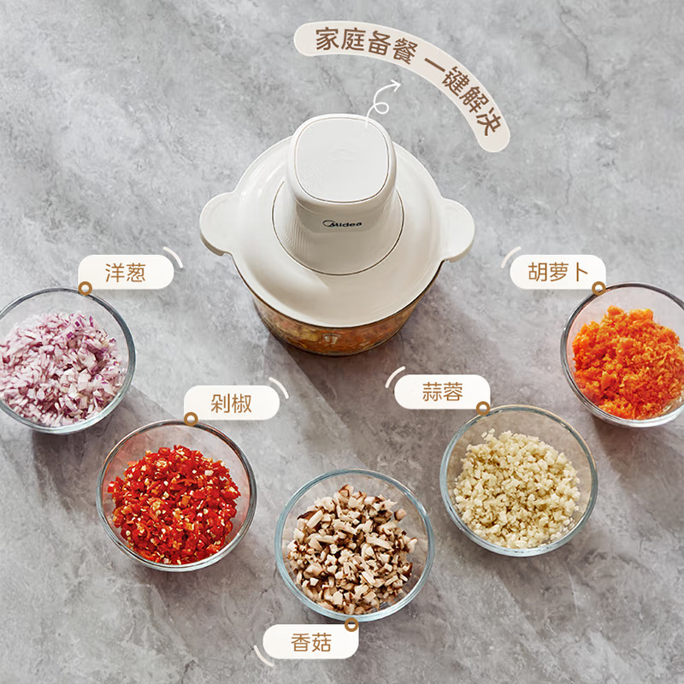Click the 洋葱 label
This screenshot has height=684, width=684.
tap(126, 272)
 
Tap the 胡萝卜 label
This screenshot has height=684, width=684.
tap(558, 272)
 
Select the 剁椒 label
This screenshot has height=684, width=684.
tap(231, 403)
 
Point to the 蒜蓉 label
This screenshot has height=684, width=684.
tap(442, 392)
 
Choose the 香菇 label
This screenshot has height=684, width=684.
tap(310, 642)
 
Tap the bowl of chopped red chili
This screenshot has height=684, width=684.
tap(176, 496)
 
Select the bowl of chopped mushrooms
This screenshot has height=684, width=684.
tap(354, 545)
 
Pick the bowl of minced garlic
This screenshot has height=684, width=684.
tap(518, 481)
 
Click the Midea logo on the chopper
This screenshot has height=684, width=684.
tap(342, 224)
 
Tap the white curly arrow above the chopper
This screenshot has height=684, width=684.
tap(380, 101)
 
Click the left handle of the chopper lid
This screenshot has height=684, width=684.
tap(217, 223)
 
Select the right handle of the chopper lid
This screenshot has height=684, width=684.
tap(457, 229)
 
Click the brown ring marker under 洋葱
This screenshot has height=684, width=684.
tap(85, 288)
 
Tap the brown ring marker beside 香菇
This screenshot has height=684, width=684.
tap(351, 625)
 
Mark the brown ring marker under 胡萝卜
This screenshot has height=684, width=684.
tap(599, 288)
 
